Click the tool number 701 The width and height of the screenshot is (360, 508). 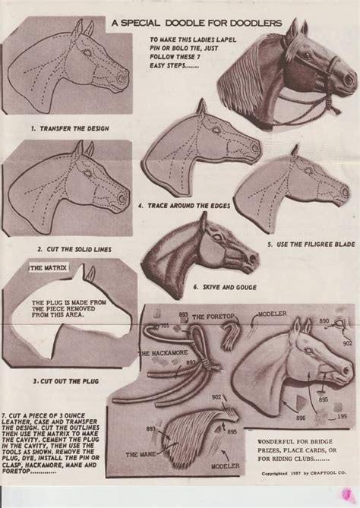(x=164, y=325)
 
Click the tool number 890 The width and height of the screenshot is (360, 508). (x=324, y=322)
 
